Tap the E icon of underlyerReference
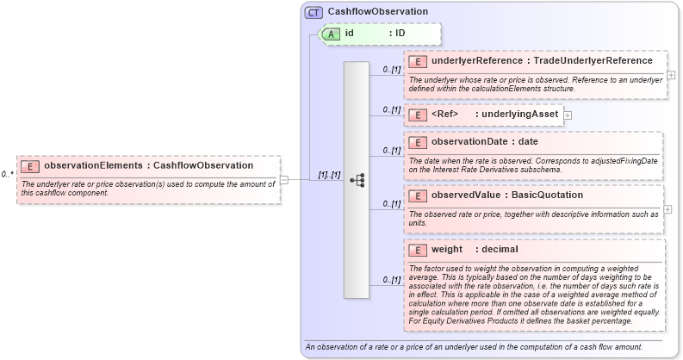(x=418, y=61)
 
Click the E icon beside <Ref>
(x=418, y=115)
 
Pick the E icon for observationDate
(x=418, y=142)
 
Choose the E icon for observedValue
(x=418, y=196)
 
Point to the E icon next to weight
(x=418, y=249)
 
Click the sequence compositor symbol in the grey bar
(x=357, y=180)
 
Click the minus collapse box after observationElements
(x=284, y=180)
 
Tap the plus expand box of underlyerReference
(x=671, y=75)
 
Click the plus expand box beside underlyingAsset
(x=568, y=115)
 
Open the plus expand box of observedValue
(x=668, y=209)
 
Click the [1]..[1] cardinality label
(x=328, y=175)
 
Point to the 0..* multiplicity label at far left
(x=7, y=175)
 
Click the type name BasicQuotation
(x=548, y=196)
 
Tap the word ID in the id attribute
(x=400, y=34)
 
